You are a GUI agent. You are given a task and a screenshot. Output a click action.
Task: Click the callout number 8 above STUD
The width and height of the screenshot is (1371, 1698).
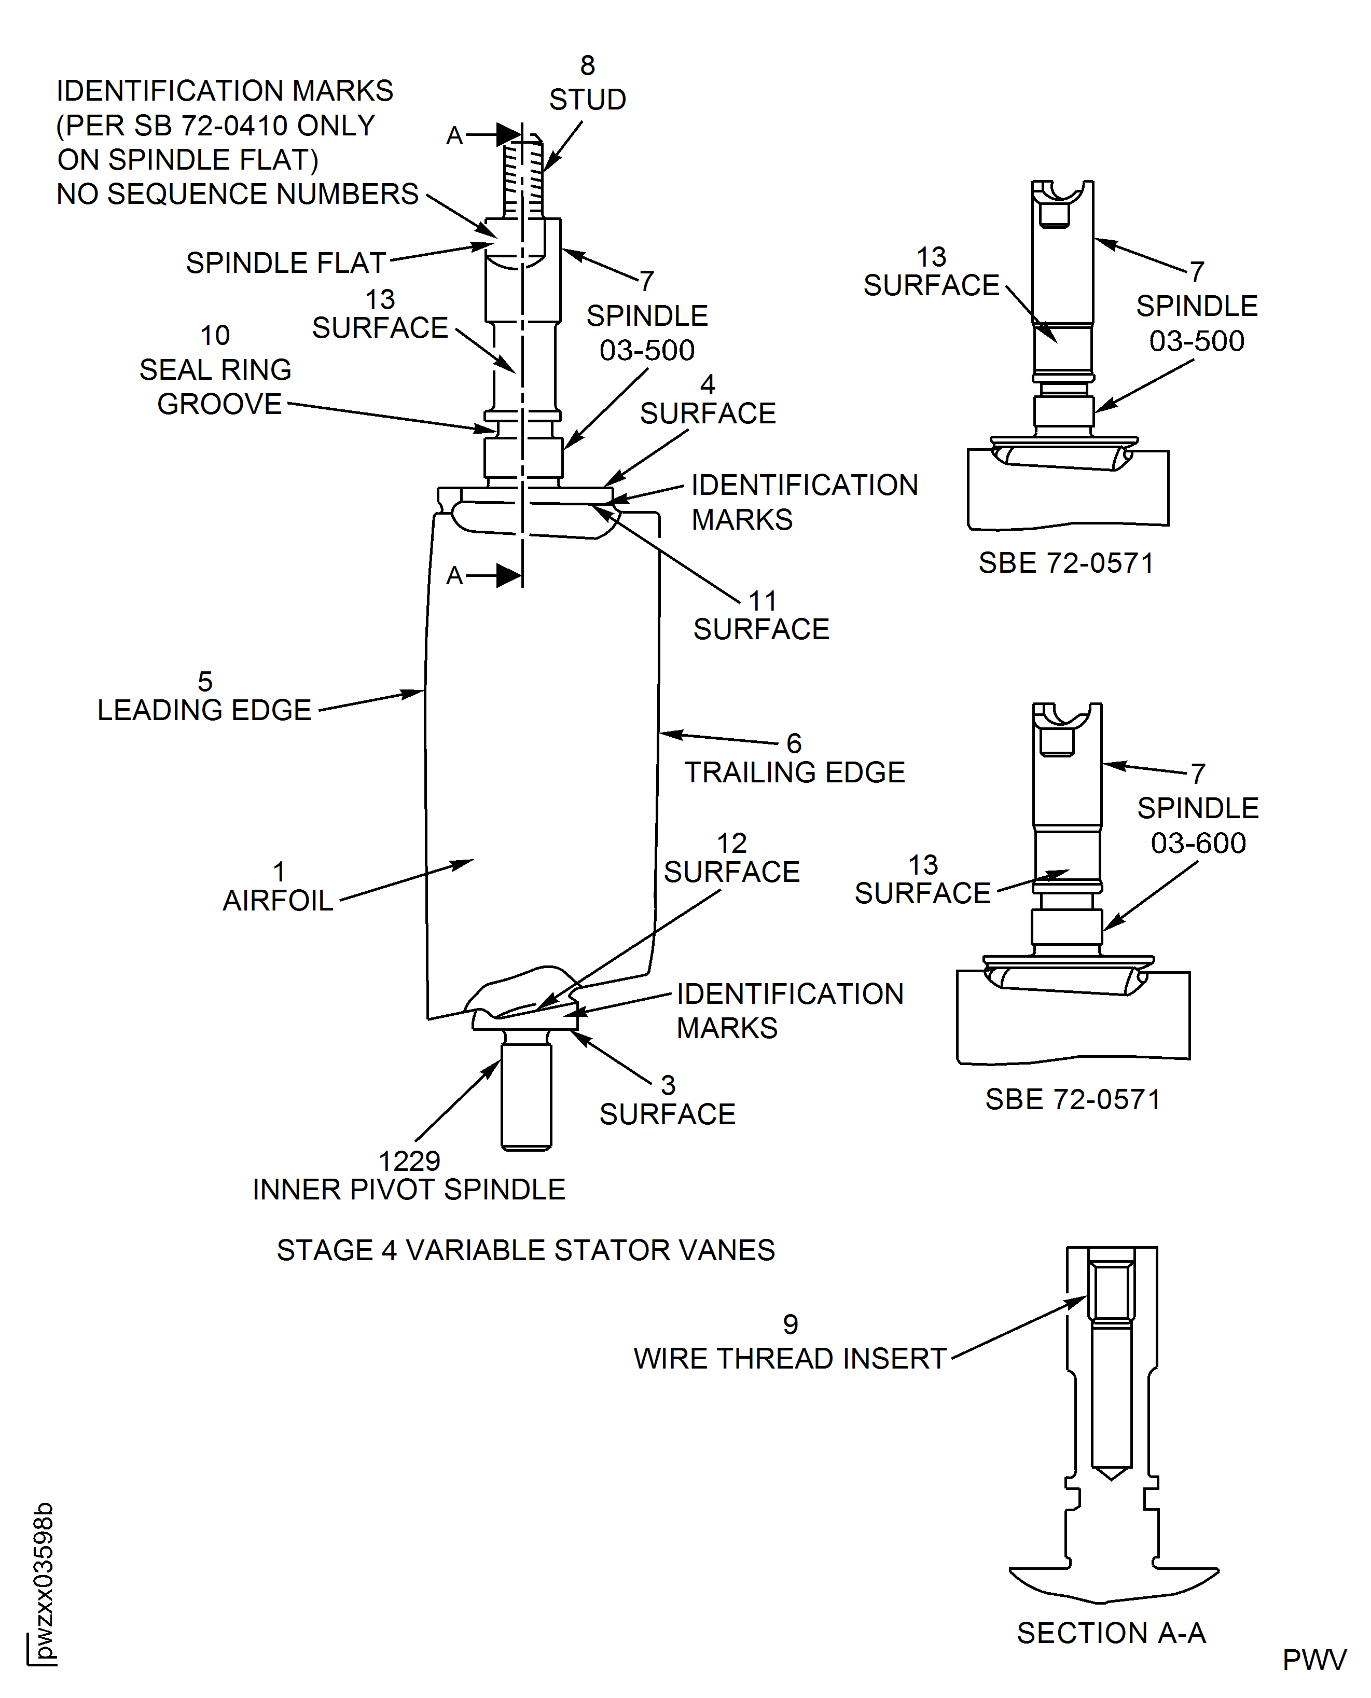click(x=588, y=65)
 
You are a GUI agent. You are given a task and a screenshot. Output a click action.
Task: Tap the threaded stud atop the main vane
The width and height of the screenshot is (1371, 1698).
click(x=523, y=178)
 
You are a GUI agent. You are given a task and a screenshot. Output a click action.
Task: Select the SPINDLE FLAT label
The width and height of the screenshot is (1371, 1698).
click(x=285, y=263)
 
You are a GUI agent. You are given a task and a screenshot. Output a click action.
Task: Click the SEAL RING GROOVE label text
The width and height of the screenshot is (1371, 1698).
click(x=216, y=387)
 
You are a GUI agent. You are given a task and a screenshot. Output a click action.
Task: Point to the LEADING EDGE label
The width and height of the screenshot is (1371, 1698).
click(x=204, y=710)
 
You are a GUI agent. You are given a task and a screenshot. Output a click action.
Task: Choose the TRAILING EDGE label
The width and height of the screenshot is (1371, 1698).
click(x=795, y=772)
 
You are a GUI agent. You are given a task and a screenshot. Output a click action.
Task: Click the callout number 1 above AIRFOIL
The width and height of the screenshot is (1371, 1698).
click(x=279, y=872)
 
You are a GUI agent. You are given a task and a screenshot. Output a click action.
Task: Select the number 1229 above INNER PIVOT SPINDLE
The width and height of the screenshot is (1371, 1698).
click(x=409, y=1161)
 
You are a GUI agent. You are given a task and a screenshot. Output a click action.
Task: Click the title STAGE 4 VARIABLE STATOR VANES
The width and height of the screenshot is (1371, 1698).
click(x=526, y=1250)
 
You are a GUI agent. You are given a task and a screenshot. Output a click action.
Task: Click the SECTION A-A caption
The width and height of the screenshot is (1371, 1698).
click(x=1111, y=1633)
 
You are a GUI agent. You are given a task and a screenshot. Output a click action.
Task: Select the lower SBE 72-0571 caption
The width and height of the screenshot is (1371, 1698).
click(x=1073, y=1099)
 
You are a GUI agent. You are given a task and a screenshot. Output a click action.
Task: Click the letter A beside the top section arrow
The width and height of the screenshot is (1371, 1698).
click(x=454, y=136)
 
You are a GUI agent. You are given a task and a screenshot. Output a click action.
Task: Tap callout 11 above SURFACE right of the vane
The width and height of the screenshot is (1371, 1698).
click(x=763, y=601)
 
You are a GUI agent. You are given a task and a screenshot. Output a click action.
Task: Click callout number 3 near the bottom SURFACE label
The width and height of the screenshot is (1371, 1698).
click(x=668, y=1085)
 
